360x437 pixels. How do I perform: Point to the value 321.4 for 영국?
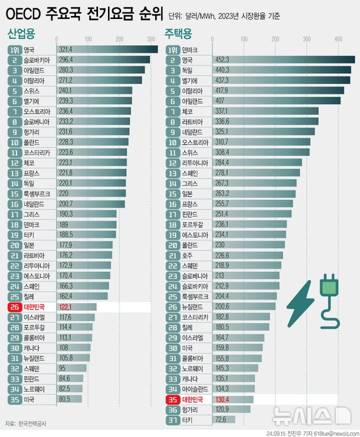68,50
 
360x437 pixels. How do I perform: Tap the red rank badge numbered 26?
15,307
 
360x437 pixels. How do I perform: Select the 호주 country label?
186,255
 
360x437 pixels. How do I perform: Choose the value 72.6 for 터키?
224,419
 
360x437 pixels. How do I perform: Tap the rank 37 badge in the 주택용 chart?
173,419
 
